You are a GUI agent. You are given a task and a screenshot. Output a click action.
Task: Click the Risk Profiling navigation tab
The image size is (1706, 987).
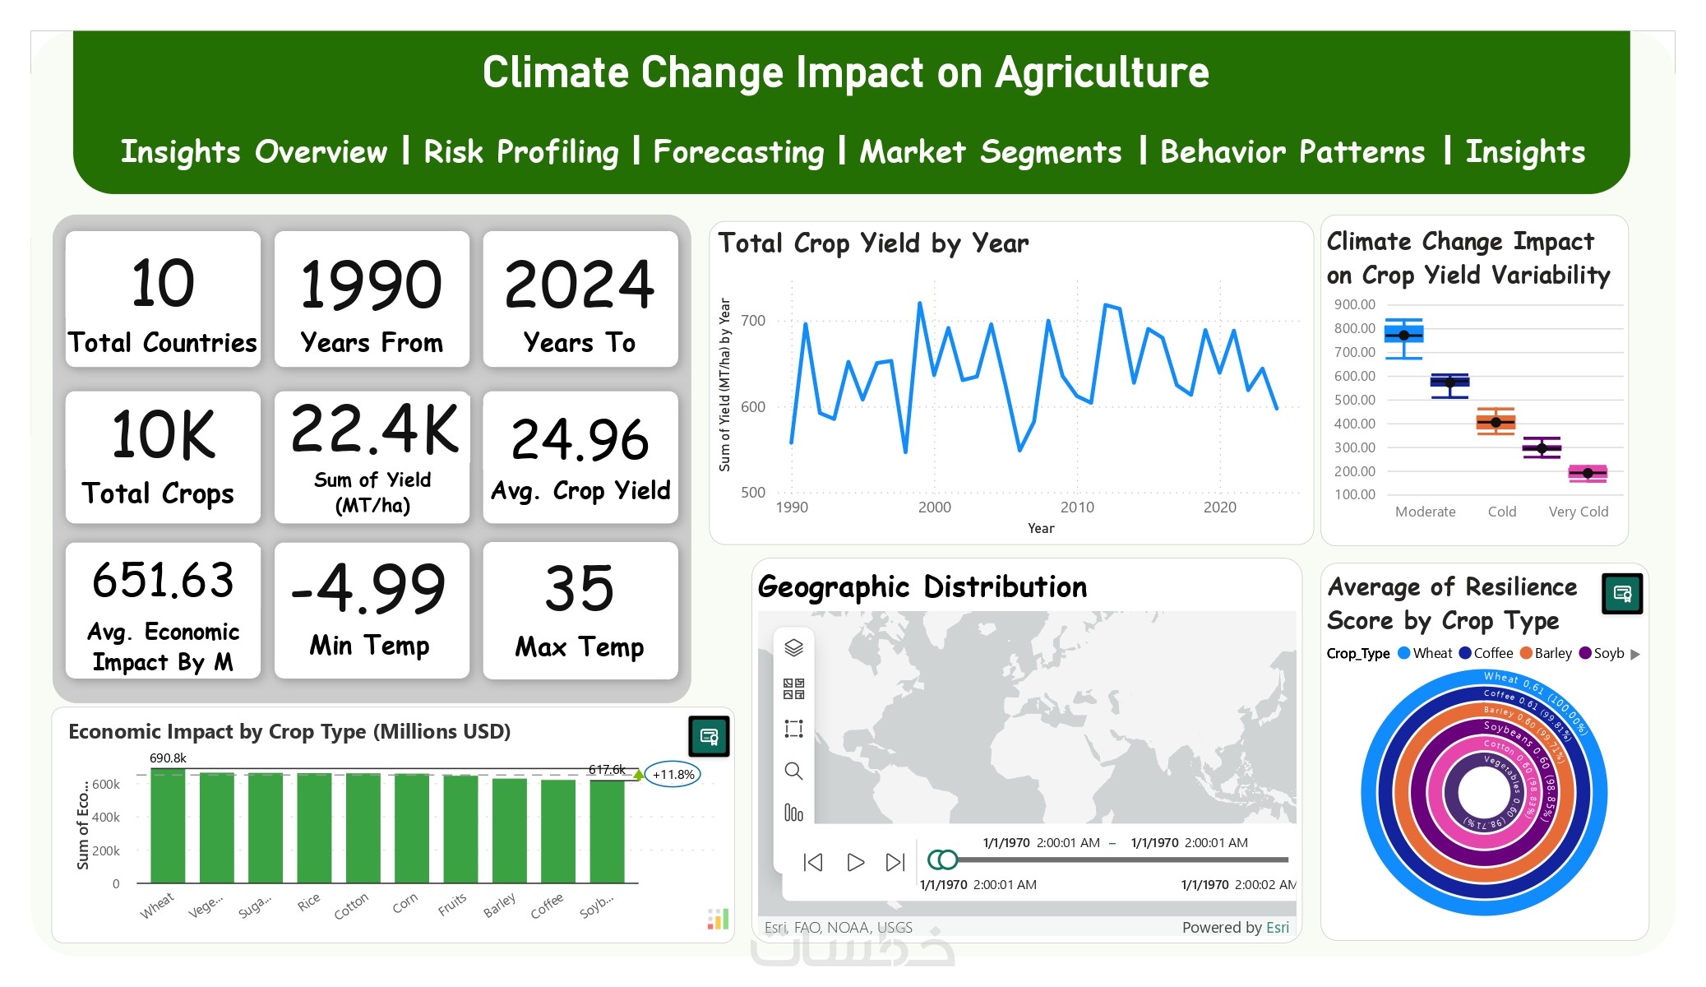coord(520,152)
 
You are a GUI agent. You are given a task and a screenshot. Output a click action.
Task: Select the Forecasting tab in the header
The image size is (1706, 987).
coord(738,152)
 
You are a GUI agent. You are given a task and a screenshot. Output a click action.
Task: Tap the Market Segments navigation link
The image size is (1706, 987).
coord(990,152)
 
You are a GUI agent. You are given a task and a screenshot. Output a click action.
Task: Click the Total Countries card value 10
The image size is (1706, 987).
coord(163,284)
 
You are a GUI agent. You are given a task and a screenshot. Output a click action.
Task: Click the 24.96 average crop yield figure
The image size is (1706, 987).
coord(580,439)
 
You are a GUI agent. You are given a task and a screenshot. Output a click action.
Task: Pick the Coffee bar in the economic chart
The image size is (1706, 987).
coord(558,831)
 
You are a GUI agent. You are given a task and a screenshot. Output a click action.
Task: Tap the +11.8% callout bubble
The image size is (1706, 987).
coord(673,774)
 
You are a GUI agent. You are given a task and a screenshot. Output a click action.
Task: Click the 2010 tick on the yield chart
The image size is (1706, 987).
coord(1077,507)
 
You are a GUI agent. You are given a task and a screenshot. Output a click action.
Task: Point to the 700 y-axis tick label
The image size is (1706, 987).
coord(753,321)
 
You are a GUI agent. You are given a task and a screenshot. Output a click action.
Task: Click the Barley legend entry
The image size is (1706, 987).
coord(1546,653)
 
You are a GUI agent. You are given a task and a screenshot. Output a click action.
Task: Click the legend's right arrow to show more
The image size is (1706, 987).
coord(1635,654)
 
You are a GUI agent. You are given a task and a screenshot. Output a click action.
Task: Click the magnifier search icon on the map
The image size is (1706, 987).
coord(793,771)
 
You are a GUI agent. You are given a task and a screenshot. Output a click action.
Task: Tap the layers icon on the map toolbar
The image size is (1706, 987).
coord(793,647)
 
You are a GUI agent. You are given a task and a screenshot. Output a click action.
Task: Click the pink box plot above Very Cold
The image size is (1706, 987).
coord(1588,473)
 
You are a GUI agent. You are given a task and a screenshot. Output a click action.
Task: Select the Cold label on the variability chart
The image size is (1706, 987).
coord(1502,512)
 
